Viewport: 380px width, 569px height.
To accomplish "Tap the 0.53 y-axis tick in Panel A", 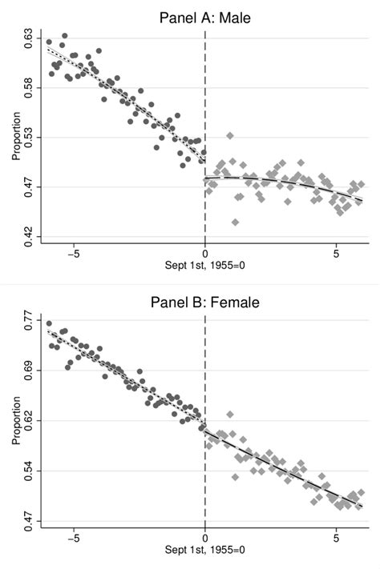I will pyautogui.click(x=28, y=138).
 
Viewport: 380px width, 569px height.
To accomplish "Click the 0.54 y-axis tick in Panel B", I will pyautogui.click(x=28, y=471).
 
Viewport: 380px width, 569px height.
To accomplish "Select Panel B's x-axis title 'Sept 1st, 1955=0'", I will pyautogui.click(x=205, y=550).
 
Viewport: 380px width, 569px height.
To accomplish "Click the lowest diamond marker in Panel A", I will pyautogui.click(x=235, y=222).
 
